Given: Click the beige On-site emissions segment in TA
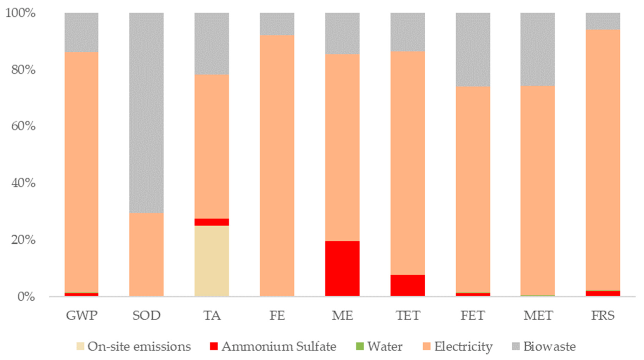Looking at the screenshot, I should pyautogui.click(x=212, y=261).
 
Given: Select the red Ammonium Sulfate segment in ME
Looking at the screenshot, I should pyautogui.click(x=342, y=268).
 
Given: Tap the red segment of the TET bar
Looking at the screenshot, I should pyautogui.click(x=407, y=285).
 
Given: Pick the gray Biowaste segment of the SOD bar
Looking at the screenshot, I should pyautogui.click(x=146, y=112).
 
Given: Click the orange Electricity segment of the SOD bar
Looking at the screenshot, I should pyautogui.click(x=146, y=254).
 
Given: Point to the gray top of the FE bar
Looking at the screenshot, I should pyautogui.click(x=277, y=24).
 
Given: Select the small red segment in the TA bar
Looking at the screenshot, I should pyautogui.click(x=212, y=222).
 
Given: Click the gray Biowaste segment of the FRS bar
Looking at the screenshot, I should pyautogui.click(x=603, y=21).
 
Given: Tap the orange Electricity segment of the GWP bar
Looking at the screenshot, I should pyautogui.click(x=81, y=172).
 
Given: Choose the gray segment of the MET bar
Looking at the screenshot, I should pyautogui.click(x=537, y=49).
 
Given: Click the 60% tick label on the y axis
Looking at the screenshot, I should pyautogui.click(x=23, y=126).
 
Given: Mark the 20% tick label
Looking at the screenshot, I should pyautogui.click(x=23, y=240).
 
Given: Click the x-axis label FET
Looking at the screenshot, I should pyautogui.click(x=473, y=315).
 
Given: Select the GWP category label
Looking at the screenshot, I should pyautogui.click(x=81, y=315).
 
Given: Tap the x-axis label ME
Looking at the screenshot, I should pyautogui.click(x=342, y=315).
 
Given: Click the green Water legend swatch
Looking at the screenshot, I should pyautogui.click(x=360, y=346).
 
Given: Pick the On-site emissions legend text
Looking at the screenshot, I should pyautogui.click(x=139, y=347).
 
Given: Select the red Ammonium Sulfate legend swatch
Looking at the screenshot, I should pyautogui.click(x=214, y=346).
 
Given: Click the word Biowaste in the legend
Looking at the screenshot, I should pyautogui.click(x=549, y=347).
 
